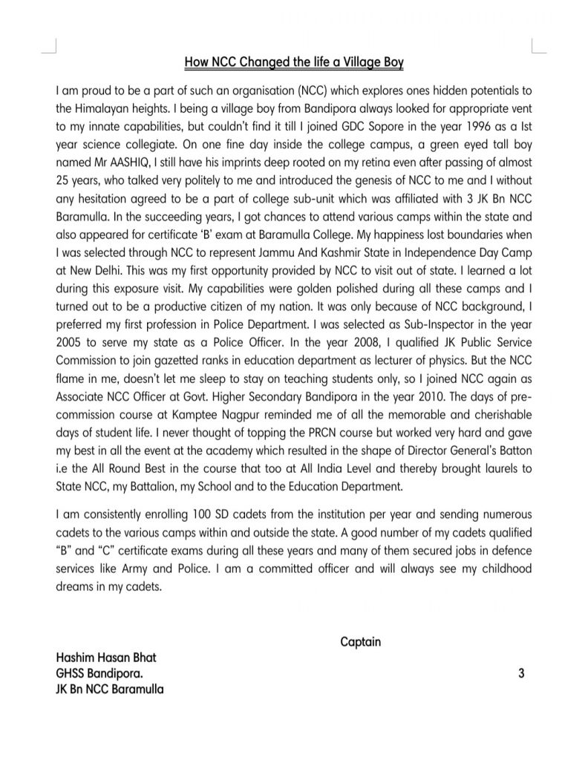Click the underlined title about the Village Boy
tap(293, 63)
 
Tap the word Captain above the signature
tap(360, 641)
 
